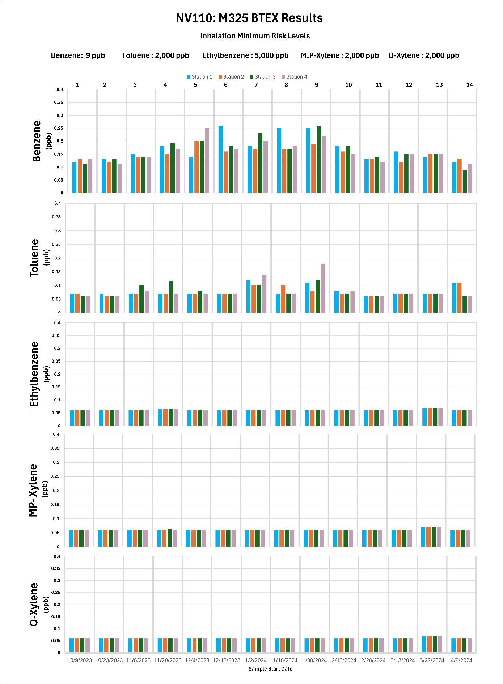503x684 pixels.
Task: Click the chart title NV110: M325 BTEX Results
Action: (249, 18)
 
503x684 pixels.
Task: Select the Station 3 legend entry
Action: (263, 77)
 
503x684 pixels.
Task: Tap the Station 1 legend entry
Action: (200, 77)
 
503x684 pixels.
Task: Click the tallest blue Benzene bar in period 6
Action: (220, 159)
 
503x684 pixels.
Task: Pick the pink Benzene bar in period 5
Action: (207, 160)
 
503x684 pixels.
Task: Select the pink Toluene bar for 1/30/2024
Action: (323, 288)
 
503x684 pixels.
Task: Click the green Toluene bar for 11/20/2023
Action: (171, 297)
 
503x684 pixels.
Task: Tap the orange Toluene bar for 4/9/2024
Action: (459, 298)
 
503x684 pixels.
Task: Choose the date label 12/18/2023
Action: (227, 660)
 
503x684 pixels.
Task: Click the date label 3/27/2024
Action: (432, 660)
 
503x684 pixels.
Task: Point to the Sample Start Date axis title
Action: (270, 669)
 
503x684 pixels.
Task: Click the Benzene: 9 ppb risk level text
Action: (78, 55)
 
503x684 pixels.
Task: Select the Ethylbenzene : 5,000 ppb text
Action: (245, 55)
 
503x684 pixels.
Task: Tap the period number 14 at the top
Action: (469, 85)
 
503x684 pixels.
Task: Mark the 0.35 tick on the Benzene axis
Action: (59, 103)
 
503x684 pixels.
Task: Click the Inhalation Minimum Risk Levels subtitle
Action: (255, 36)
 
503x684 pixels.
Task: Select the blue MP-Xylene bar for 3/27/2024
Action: (423, 537)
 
